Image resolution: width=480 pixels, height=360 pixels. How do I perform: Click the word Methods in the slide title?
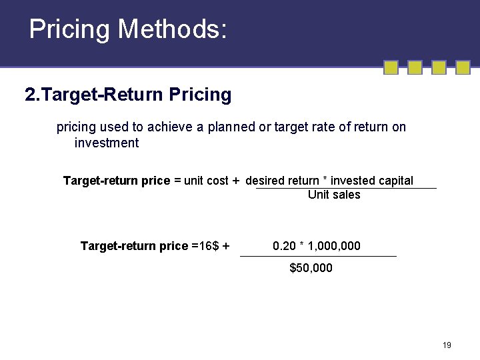173,29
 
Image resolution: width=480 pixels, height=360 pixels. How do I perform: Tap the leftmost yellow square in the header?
391,67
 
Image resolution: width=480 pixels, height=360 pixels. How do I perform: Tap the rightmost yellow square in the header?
463,67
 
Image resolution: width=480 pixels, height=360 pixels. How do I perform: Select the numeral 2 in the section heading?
29,95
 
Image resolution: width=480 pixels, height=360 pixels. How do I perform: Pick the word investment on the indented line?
107,143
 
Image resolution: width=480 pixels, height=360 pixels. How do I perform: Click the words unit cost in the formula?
206,181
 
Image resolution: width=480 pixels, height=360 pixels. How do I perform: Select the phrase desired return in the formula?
282,181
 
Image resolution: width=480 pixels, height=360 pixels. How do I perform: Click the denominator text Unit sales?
334,195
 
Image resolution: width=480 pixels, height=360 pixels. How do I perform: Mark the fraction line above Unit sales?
346,188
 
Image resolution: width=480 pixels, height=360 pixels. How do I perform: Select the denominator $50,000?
311,268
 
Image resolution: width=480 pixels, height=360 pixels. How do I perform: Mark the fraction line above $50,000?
318,256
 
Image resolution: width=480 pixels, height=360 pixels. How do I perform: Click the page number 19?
447,345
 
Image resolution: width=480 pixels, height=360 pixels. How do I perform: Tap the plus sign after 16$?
226,246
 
